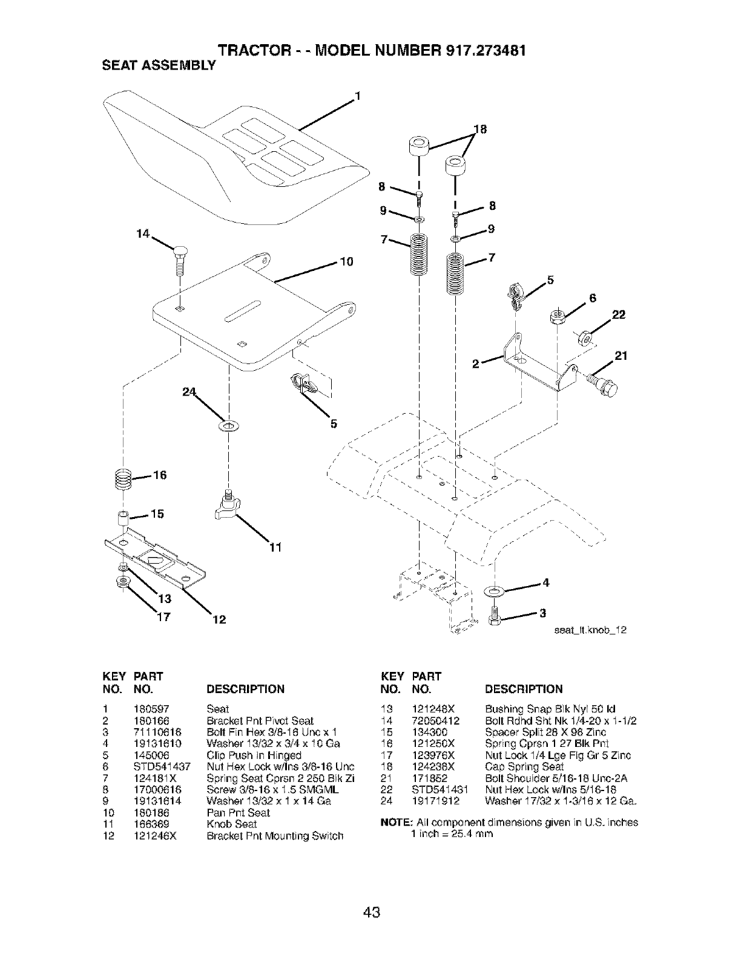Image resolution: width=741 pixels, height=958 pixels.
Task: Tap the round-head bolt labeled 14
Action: click(179, 256)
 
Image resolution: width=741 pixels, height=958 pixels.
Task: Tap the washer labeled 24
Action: click(229, 427)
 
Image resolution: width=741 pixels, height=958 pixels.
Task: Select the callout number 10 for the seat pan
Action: click(346, 262)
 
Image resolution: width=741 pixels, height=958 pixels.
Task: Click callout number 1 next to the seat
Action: click(358, 96)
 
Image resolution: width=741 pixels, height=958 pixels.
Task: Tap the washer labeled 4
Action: click(494, 590)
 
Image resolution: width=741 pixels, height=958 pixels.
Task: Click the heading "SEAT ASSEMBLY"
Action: click(148, 66)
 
